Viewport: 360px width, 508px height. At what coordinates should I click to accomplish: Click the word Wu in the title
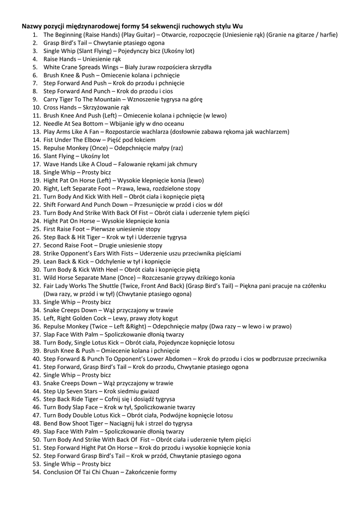pyautogui.click(x=238, y=26)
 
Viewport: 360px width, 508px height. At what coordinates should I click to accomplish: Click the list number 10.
pyautogui.click(x=36, y=107)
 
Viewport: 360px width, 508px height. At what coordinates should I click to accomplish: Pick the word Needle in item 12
pyautogui.click(x=53, y=124)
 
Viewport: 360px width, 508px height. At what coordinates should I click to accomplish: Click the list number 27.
pyautogui.click(x=36, y=245)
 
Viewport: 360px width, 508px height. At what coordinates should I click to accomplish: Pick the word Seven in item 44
pyautogui.click(x=78, y=391)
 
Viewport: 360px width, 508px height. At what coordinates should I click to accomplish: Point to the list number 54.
pyautogui.click(x=36, y=472)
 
